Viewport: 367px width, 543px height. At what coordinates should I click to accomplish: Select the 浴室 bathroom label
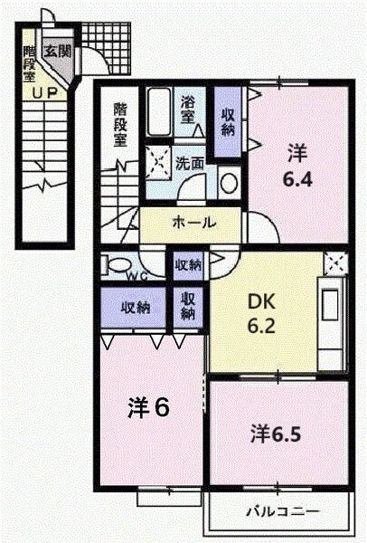(188, 109)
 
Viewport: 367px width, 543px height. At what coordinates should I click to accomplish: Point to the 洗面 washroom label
(190, 165)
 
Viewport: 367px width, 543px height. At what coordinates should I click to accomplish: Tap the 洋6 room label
(148, 408)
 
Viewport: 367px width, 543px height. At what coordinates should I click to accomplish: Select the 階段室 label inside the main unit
(121, 124)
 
